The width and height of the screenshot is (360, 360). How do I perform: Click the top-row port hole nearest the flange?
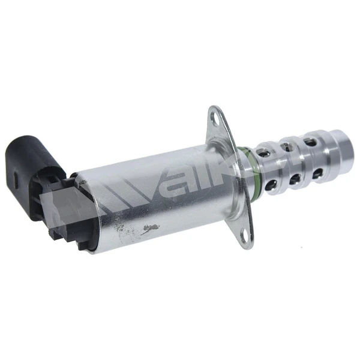tap(266, 146)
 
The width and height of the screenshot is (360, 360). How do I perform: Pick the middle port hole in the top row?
tap(289, 144)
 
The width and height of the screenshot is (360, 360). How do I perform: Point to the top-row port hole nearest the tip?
tap(310, 142)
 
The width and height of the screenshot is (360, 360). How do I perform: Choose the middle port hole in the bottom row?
tap(295, 179)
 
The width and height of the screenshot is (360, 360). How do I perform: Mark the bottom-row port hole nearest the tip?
tap(316, 175)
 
